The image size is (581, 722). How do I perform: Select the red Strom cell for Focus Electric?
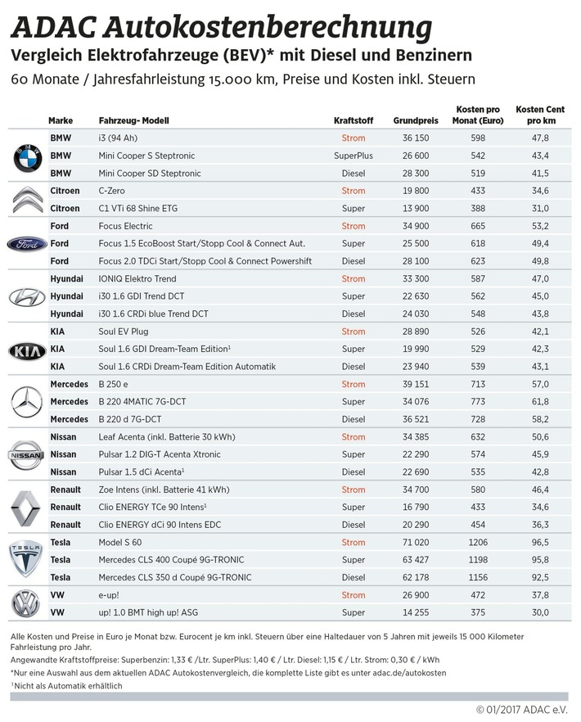tap(354, 226)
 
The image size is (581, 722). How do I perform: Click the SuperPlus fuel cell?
tap(354, 156)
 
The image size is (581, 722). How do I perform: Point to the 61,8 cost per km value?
tap(538, 402)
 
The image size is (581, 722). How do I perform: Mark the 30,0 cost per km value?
tap(538, 612)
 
